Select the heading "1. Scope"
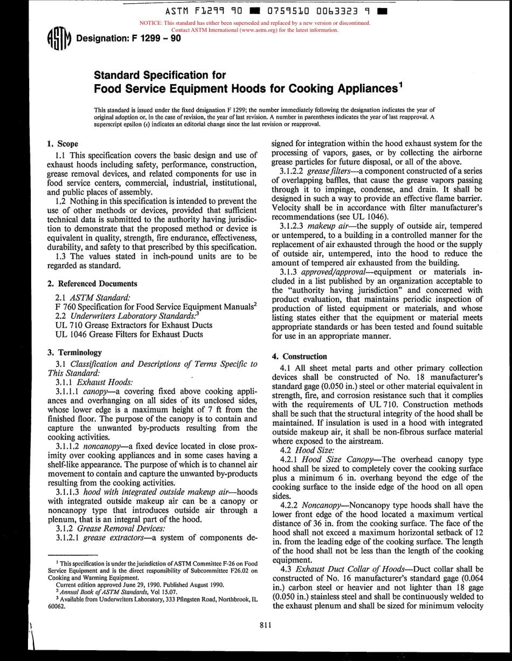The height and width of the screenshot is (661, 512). coord(63,144)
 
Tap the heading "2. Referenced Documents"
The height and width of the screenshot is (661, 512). coord(92,284)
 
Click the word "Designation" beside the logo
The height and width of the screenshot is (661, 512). coord(101,38)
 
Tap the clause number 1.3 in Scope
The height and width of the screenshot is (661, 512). coord(61,256)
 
